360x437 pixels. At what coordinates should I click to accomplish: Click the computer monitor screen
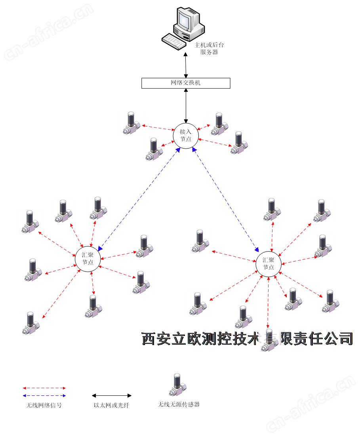186,19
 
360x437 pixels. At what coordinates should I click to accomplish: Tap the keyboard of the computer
174,41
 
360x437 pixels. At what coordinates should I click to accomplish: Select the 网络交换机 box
186,83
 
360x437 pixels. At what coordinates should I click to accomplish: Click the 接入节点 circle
185,135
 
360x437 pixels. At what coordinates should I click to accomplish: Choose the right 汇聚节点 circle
269,264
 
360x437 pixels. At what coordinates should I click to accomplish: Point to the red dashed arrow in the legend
44,388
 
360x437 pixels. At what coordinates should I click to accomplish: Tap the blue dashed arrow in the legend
44,395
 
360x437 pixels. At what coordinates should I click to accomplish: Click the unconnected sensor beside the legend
177,385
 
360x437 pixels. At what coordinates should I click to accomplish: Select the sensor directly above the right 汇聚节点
272,209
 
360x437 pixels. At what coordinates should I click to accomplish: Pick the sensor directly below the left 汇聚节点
93,306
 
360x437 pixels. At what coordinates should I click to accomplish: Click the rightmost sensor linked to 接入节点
239,143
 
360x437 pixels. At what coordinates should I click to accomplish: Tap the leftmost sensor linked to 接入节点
131,123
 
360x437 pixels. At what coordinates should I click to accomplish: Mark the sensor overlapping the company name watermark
270,340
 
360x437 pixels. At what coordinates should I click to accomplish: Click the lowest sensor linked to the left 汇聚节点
31,323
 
